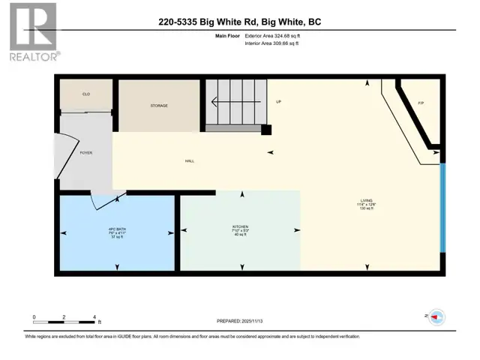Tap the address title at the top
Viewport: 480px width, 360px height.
tap(240, 22)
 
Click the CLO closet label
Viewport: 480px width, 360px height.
tap(86, 94)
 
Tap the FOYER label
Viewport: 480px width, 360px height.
tap(86, 152)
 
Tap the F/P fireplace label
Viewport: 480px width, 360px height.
tap(421, 103)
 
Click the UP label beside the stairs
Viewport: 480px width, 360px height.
tap(277, 101)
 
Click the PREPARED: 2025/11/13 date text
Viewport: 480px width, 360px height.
tap(240, 322)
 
